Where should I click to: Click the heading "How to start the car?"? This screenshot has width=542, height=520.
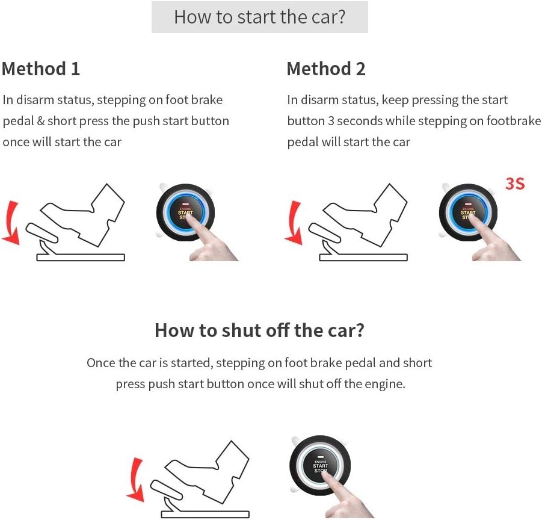[259, 17]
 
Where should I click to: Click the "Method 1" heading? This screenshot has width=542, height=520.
[41, 69]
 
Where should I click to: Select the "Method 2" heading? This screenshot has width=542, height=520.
[325, 69]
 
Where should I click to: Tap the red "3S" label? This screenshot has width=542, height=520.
[514, 184]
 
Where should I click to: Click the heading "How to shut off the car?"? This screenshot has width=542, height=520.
[259, 330]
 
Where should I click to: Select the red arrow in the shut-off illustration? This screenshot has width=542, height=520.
[136, 479]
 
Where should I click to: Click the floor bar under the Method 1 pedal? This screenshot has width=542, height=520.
[81, 257]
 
